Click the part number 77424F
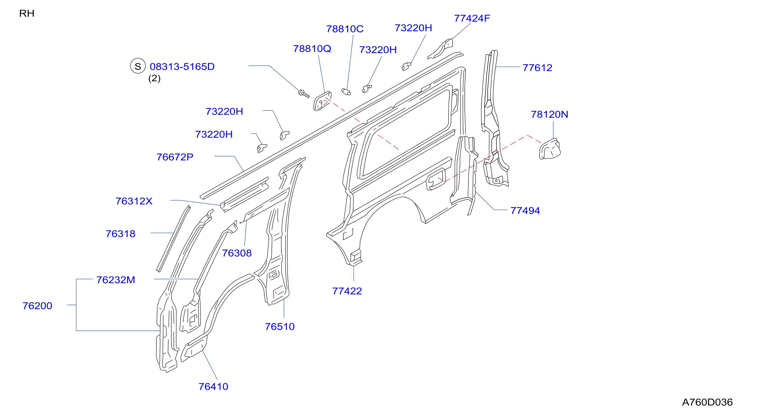point(472,18)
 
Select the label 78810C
point(345,29)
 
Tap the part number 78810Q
point(312,49)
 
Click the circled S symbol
point(138,66)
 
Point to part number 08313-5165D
point(182,67)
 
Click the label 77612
point(537,68)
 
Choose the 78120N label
point(549,114)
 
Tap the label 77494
point(525,211)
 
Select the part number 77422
point(347,291)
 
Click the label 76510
point(280,327)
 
